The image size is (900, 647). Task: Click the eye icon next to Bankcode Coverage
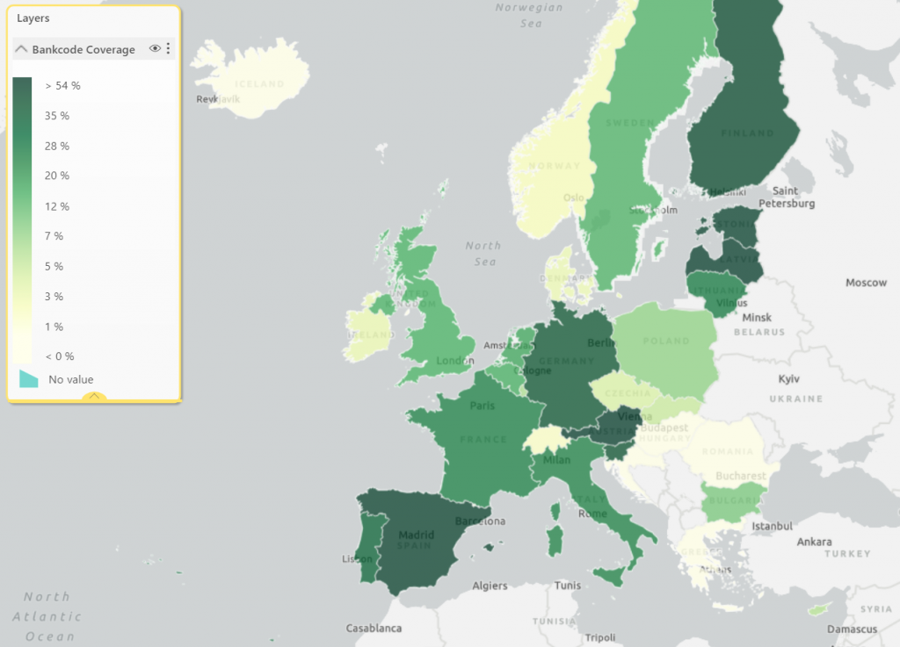click(155, 49)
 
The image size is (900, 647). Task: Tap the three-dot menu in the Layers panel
click(168, 49)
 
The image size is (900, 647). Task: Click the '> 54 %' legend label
click(63, 86)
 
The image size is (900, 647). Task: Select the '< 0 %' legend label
click(60, 356)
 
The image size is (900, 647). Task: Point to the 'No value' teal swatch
click(29, 378)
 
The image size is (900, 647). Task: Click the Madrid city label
click(417, 535)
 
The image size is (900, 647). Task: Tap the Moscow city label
click(867, 283)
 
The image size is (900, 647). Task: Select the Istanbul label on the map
click(773, 526)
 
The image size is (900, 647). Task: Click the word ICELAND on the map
click(260, 84)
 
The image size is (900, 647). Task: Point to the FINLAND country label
click(747, 133)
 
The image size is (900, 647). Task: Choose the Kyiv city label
click(790, 379)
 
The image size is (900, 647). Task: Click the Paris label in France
click(482, 406)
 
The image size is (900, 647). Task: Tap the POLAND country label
click(665, 341)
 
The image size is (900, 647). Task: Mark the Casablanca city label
click(374, 629)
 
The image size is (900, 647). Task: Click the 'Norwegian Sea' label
click(529, 16)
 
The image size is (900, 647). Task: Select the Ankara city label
click(814, 542)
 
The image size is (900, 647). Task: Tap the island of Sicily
click(608, 574)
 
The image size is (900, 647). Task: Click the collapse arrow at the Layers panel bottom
click(94, 397)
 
